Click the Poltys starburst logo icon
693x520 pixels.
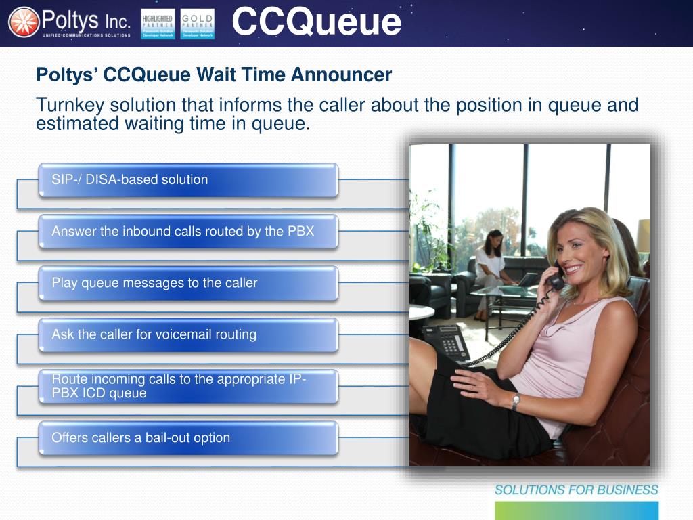[24, 22]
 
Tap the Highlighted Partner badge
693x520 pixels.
[158, 24]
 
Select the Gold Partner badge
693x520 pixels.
[198, 24]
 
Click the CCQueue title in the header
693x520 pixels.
[316, 22]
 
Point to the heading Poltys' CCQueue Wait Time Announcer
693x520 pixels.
[214, 74]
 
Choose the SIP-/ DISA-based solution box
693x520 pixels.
[188, 180]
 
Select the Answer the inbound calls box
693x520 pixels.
[188, 232]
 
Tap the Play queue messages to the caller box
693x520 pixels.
[188, 283]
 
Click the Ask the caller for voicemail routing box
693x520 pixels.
[188, 334]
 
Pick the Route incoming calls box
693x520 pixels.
[188, 386]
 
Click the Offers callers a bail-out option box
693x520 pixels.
[188, 438]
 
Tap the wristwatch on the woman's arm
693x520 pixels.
[516, 401]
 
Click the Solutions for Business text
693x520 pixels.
[576, 490]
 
